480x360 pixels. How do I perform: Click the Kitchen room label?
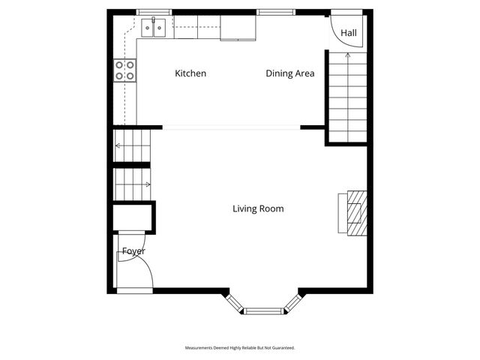point(190,73)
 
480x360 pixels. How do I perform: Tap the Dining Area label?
point(289,73)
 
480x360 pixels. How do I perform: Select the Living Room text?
point(258,208)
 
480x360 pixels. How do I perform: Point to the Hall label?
point(349,34)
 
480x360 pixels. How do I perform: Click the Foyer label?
point(133,251)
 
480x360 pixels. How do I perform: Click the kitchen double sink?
point(154,28)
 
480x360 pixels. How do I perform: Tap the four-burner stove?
point(124,70)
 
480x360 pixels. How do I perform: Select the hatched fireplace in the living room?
point(356,213)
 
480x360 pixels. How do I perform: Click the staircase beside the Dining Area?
point(347,97)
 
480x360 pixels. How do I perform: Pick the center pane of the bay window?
point(264,309)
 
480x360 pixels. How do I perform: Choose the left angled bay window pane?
point(234,301)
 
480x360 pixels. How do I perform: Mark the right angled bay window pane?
point(294,301)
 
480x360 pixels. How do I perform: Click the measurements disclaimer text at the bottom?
point(240,348)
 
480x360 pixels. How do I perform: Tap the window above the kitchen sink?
point(154,12)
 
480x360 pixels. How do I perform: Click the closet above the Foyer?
point(133,217)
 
